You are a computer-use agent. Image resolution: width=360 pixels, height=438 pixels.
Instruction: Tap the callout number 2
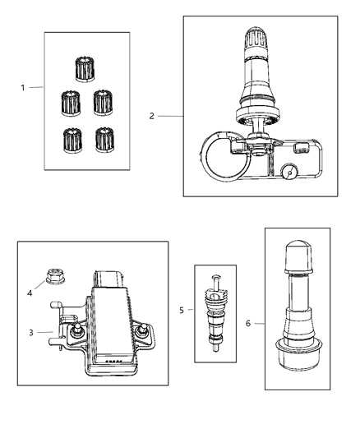click(x=152, y=117)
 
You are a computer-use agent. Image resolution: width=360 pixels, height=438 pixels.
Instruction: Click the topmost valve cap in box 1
click(x=83, y=68)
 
